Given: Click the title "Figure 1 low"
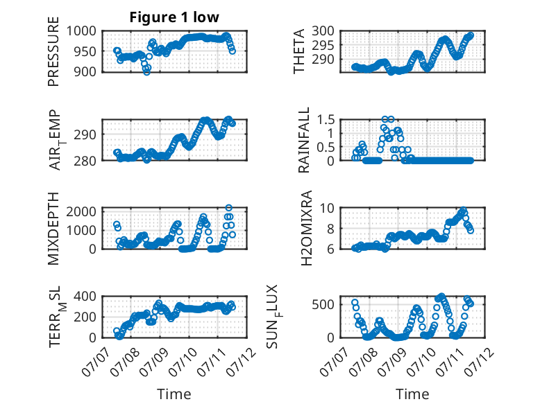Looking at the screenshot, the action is [174, 17].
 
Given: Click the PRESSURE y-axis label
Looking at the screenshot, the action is [53, 51].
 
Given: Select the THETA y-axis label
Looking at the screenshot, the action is [299, 51].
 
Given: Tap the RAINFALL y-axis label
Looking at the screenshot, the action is [304, 140].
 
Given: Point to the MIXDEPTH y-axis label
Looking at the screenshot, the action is [53, 228].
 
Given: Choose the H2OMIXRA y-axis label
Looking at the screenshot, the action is [306, 228].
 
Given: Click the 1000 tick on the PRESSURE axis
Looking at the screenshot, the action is [81, 31].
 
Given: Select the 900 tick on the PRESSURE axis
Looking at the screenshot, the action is [85, 71].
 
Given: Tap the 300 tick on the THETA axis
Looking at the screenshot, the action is [323, 31].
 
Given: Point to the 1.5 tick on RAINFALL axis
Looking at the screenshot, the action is [326, 120].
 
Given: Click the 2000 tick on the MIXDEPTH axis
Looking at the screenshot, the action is [81, 211].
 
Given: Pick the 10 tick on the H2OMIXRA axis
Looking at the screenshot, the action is [327, 208].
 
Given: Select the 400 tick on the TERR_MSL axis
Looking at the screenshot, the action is [85, 296].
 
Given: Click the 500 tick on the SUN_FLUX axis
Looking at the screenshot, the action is [323, 304].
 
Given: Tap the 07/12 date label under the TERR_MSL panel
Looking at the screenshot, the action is [242, 361].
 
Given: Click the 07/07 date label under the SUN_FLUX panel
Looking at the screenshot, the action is [335, 361].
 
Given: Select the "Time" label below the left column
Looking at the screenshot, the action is [174, 394].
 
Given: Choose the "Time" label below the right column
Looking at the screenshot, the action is [412, 394].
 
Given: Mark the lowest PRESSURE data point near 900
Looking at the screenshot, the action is [146, 72].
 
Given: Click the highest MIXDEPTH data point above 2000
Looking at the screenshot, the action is [228, 208].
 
